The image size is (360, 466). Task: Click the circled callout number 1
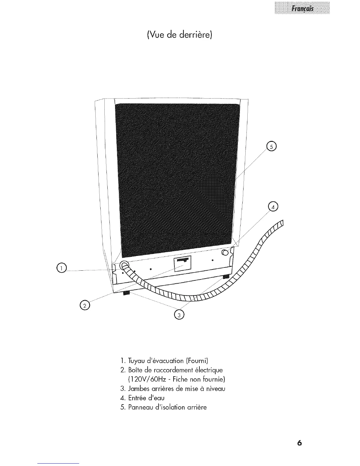(x=62, y=267)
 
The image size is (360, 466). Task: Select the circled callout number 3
(x=179, y=315)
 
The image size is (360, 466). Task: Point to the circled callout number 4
(x=274, y=207)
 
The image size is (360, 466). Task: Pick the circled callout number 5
(x=270, y=146)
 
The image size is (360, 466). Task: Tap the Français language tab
(x=302, y=8)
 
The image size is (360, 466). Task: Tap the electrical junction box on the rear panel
(x=183, y=263)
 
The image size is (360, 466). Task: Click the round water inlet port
(x=225, y=252)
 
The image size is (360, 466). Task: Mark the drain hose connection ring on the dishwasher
(x=123, y=265)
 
